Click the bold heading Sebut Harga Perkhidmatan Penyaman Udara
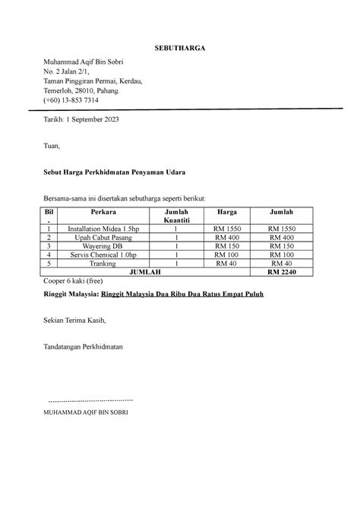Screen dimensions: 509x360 (115, 173)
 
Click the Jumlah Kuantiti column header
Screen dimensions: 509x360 (175, 215)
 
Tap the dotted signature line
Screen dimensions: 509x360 (90, 399)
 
